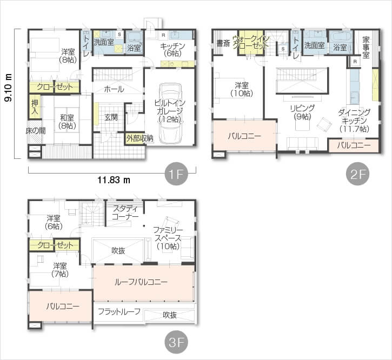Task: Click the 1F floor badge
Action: click(x=176, y=174)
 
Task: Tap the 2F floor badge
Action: click(x=357, y=174)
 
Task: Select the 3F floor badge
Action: click(x=176, y=342)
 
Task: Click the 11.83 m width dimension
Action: click(x=114, y=180)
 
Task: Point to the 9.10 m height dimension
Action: click(x=9, y=88)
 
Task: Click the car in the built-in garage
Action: click(x=170, y=114)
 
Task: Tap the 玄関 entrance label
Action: click(x=111, y=117)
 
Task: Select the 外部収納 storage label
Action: click(x=139, y=138)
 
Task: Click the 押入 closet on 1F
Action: click(x=35, y=106)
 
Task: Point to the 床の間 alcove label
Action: click(x=36, y=131)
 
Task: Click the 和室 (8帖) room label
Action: click(x=67, y=122)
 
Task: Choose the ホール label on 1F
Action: click(x=114, y=89)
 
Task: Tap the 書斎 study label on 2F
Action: click(x=223, y=43)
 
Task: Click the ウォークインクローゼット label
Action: click(x=251, y=42)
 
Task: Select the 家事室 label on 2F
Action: click(x=366, y=48)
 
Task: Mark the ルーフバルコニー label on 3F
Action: click(x=141, y=282)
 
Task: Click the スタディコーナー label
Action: click(x=125, y=212)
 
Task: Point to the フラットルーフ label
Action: click(x=119, y=311)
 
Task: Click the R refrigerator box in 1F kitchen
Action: click(x=163, y=35)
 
